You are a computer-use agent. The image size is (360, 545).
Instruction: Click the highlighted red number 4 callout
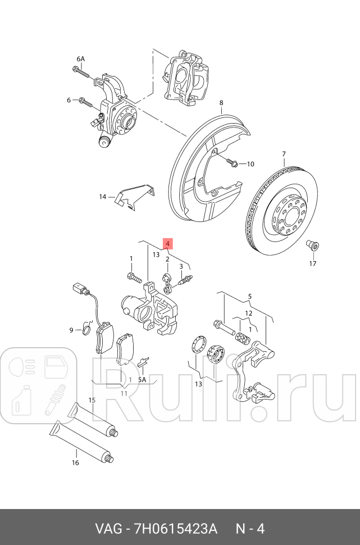pos(167,243)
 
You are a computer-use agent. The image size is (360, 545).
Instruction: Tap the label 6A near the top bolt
pos(80,59)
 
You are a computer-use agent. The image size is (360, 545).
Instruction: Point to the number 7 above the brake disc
pos(284,154)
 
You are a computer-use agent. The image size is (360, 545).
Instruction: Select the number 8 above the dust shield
pos(221,103)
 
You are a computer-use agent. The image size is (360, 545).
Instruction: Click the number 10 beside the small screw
pos(250,164)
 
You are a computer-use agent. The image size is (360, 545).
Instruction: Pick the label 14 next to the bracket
pos(102,197)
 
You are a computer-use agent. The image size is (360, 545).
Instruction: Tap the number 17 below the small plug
pos(312,264)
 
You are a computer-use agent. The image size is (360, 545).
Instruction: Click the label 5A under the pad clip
pos(142,379)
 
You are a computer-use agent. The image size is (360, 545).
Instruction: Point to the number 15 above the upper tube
pos(92,400)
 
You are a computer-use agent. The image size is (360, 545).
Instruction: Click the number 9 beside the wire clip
pos(71,330)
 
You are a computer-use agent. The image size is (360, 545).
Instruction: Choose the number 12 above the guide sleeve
pos(248,313)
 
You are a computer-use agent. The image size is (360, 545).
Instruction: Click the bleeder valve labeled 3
pos(185,279)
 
